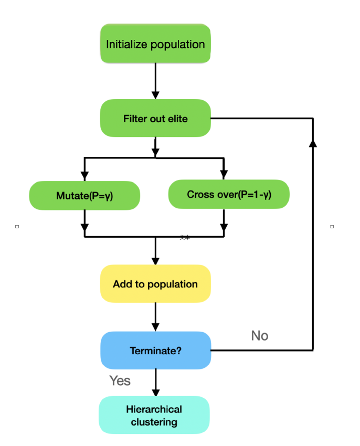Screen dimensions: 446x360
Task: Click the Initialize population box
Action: pyautogui.click(x=155, y=44)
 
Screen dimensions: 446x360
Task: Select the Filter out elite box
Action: pyautogui.click(x=155, y=119)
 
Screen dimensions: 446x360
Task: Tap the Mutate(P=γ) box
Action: pyautogui.click(x=84, y=196)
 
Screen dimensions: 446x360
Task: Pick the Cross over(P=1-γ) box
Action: pyautogui.click(x=229, y=195)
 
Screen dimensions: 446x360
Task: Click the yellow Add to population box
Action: pyautogui.click(x=155, y=284)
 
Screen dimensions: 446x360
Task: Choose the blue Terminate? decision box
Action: pyautogui.click(x=155, y=350)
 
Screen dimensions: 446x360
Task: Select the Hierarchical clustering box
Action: pyautogui.click(x=154, y=415)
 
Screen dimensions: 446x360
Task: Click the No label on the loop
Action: pyautogui.click(x=260, y=335)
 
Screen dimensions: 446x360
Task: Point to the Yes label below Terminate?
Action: pyautogui.click(x=120, y=380)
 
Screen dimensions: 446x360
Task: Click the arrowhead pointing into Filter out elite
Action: pyautogui.click(x=155, y=95)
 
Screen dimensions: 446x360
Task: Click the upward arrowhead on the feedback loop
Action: pyautogui.click(x=313, y=143)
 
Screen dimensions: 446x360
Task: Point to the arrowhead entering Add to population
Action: pyautogui.click(x=155, y=260)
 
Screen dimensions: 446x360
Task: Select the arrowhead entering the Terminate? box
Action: pyautogui.click(x=155, y=326)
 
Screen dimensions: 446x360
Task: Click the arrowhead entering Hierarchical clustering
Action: pyautogui.click(x=155, y=391)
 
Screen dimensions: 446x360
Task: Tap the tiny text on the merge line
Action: pyautogui.click(x=185, y=237)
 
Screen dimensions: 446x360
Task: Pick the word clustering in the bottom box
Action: pyautogui.click(x=154, y=421)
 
